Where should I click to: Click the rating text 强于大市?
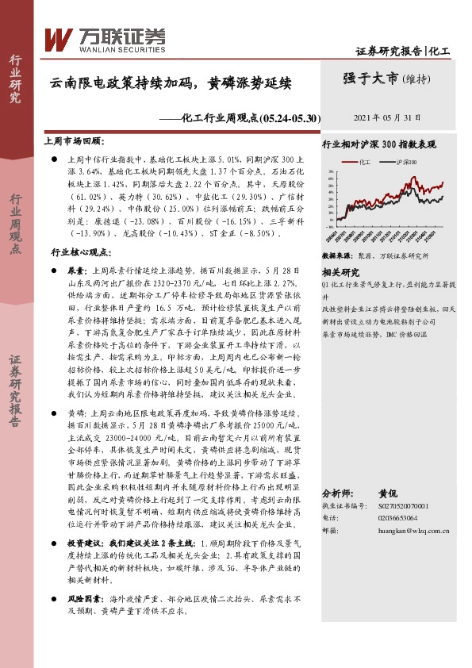[370, 79]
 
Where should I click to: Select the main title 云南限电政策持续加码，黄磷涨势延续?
[171, 82]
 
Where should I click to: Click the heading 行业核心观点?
[79, 251]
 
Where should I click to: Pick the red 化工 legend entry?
[362, 161]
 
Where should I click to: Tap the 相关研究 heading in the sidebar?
[340, 271]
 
